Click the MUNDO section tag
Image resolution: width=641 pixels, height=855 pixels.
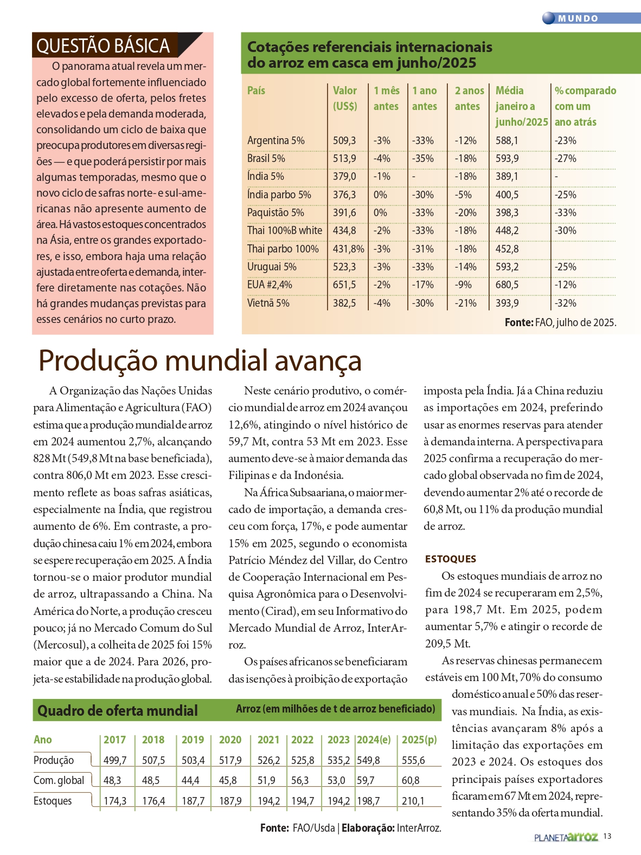(x=578, y=18)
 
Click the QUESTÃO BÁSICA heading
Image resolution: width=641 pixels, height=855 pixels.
(x=103, y=46)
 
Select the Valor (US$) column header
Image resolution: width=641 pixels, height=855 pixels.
(x=345, y=98)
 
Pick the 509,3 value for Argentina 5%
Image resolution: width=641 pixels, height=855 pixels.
(x=344, y=140)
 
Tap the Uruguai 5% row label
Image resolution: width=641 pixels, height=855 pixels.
(x=272, y=267)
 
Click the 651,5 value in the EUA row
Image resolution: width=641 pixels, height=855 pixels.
(x=344, y=284)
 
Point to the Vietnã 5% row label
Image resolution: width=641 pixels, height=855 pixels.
(x=268, y=303)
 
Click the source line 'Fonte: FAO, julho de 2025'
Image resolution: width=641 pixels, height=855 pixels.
(x=560, y=322)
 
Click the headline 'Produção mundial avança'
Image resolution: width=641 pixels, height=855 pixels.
(x=200, y=360)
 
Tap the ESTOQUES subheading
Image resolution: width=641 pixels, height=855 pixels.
(x=451, y=559)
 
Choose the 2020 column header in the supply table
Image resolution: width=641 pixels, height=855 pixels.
(x=230, y=740)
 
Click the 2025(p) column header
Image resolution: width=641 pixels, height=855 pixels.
(x=419, y=740)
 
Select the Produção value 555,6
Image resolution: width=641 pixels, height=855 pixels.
(x=413, y=760)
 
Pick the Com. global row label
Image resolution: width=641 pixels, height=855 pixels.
(x=59, y=780)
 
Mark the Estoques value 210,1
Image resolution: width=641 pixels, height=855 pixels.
(x=413, y=801)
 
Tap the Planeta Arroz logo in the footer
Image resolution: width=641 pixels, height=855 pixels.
(x=566, y=837)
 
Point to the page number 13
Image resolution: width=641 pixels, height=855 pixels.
(x=607, y=836)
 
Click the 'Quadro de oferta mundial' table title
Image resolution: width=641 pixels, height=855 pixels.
(x=118, y=710)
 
